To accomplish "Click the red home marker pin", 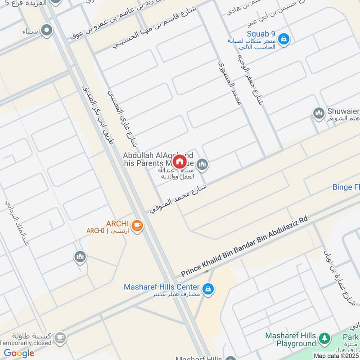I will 179,161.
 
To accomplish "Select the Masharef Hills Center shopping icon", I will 207,289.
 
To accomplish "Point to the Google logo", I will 19,353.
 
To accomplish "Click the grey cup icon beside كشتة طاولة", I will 60,337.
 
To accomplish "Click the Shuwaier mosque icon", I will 319,113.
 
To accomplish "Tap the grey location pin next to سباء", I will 46,31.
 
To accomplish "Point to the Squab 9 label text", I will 261,34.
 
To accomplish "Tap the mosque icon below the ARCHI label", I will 80,256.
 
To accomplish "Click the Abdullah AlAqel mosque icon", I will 202,165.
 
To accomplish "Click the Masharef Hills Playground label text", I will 290,340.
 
